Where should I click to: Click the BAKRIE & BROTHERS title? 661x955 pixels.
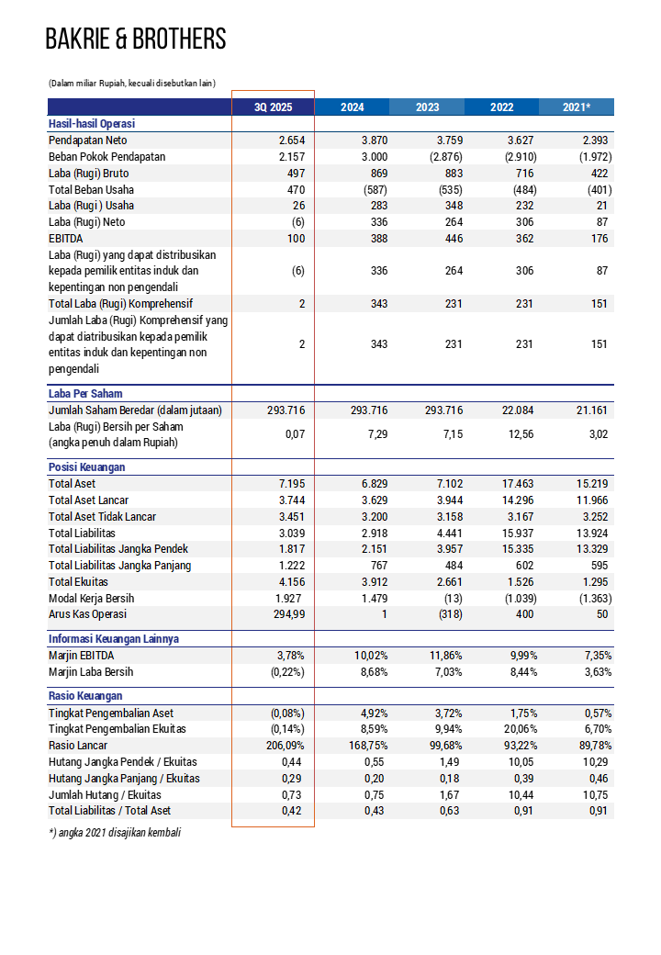136,39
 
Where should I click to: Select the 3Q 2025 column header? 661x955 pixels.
273,107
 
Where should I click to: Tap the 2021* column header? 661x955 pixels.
577,107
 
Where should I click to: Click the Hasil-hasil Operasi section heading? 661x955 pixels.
92,124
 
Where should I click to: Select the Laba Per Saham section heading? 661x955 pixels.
85,393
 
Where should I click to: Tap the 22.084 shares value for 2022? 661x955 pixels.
521,410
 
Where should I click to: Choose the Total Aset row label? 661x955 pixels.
72,483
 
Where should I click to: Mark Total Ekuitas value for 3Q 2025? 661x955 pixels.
291,581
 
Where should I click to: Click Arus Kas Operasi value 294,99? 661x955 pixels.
286,614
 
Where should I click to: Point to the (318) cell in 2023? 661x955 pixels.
452,614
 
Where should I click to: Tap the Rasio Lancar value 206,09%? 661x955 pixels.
285,746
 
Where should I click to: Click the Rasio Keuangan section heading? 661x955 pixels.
85,696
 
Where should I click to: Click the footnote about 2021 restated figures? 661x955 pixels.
115,832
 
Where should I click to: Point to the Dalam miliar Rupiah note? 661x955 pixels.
131,83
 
